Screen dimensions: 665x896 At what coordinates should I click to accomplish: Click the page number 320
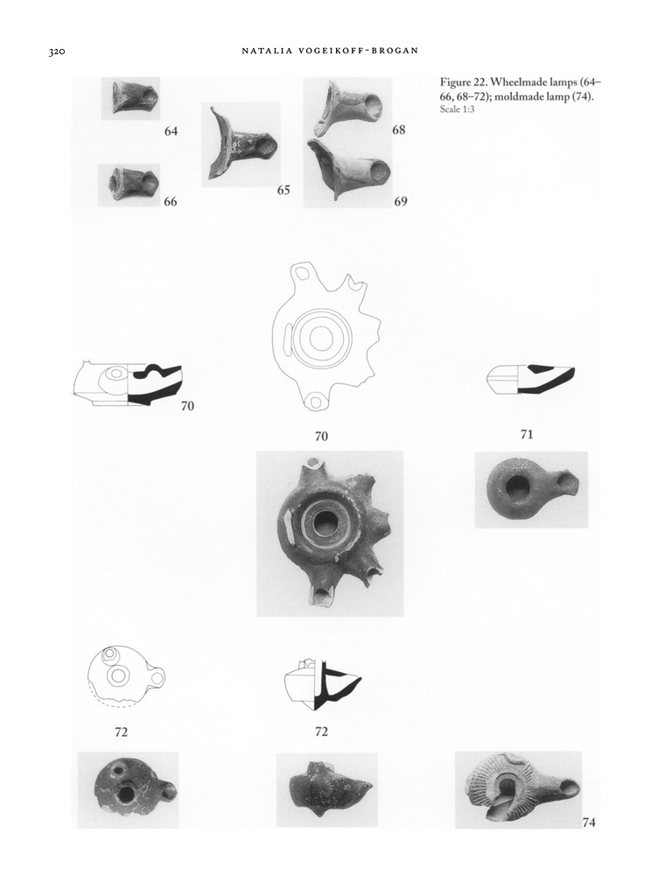57,52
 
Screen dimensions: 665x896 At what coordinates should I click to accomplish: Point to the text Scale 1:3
457,109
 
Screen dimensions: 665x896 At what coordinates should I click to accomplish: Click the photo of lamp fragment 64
131,98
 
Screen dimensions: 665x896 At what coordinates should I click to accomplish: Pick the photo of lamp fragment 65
241,144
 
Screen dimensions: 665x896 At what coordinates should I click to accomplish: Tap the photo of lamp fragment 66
129,185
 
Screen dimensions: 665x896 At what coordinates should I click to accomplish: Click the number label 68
399,130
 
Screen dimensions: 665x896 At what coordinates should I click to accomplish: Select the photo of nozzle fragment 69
348,169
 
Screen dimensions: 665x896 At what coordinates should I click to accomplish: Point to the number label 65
284,190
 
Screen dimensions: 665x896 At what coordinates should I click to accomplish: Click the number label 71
527,435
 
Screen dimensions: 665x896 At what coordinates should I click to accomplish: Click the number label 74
589,822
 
